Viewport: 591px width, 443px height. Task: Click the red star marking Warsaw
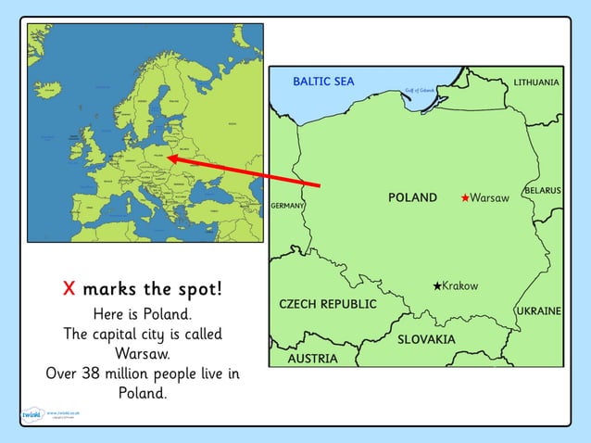[x=465, y=197]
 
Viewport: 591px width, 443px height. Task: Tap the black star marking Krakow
[x=437, y=285]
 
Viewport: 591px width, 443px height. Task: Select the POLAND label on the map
[x=412, y=197]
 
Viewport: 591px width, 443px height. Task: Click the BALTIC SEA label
[x=323, y=82]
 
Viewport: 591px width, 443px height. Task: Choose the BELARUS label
[x=542, y=190]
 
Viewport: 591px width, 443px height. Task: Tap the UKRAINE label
[x=539, y=310]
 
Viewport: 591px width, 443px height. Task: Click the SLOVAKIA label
[x=426, y=339]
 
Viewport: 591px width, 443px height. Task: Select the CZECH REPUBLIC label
[x=328, y=304]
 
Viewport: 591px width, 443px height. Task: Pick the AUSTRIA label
[x=312, y=358]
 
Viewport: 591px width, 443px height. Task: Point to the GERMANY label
[x=287, y=205]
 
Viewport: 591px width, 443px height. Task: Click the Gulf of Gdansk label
[x=420, y=91]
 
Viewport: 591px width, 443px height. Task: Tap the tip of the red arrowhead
[x=168, y=158]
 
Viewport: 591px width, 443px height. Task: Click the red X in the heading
[x=69, y=288]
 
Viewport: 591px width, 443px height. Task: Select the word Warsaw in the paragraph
[x=143, y=353]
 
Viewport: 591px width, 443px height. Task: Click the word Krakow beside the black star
[x=460, y=285]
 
